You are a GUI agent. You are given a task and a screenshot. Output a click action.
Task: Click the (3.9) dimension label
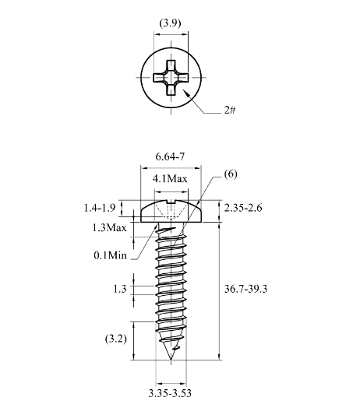tap(170, 23)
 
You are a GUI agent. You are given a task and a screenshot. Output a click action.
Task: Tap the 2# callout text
tap(230, 110)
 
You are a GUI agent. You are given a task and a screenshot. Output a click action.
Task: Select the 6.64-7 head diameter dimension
tap(170, 156)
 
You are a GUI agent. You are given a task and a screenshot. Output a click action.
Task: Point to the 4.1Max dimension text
tap(170, 179)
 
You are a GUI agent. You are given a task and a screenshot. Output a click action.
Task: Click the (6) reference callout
tap(231, 174)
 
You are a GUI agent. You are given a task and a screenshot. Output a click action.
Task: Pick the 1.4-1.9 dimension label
tap(100, 208)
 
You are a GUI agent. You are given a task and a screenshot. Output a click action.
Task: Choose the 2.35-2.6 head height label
tap(243, 208)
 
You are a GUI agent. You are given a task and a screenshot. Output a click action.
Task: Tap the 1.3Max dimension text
tap(109, 228)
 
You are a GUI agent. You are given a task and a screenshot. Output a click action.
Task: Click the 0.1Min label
tap(111, 255)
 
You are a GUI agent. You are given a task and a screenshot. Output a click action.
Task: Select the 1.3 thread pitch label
tap(120, 289)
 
